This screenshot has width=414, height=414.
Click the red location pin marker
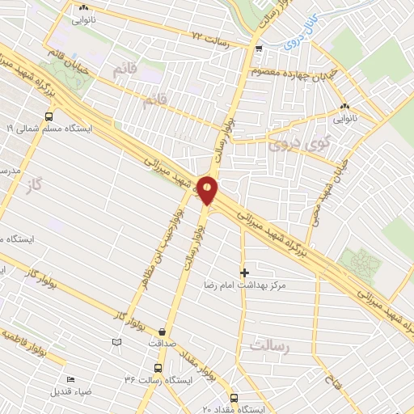208,189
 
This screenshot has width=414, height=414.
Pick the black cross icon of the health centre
244,272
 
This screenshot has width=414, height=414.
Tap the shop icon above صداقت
163,331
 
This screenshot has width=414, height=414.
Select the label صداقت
163,343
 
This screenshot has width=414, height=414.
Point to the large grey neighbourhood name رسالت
268,345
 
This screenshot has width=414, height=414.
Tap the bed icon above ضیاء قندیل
70,378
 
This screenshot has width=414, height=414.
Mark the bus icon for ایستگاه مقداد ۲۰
234,398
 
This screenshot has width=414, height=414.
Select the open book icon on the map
117,343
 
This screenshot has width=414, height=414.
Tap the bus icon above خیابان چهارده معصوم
258,49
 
